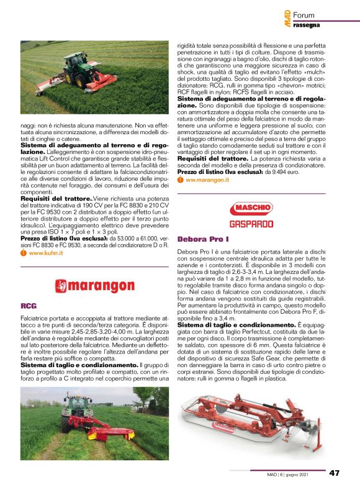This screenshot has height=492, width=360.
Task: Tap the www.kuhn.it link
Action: (46, 253)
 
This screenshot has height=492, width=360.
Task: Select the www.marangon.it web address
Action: (207, 180)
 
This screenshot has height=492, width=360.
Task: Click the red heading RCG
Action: (28, 306)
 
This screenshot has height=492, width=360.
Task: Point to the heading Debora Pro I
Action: (204, 239)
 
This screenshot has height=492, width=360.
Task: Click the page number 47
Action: (334, 473)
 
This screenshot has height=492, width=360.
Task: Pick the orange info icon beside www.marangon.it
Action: (180, 180)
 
